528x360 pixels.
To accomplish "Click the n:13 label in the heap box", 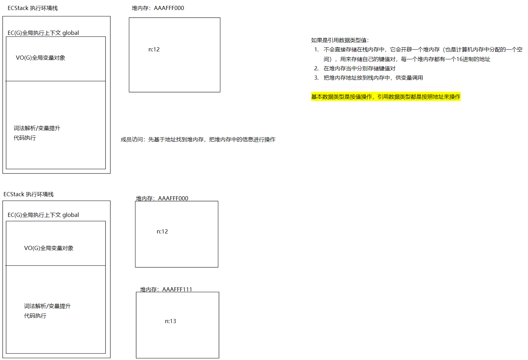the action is [x=170, y=321].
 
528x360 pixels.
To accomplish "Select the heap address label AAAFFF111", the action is [x=177, y=289].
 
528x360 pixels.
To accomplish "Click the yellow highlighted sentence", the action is [x=385, y=97].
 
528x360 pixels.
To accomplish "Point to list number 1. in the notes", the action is [x=316, y=50].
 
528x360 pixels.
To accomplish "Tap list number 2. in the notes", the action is [x=316, y=69].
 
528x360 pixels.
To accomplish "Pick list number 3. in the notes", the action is [x=316, y=78].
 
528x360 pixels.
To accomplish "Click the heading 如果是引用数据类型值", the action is [x=340, y=40].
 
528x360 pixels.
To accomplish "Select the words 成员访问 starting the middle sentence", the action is [x=131, y=140].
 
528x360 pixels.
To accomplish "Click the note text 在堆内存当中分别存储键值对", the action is [x=359, y=69].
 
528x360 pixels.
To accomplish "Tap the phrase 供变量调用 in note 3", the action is [x=409, y=78].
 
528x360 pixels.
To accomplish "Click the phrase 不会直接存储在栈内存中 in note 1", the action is [x=354, y=50].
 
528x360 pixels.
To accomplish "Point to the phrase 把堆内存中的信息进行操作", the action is [x=242, y=140].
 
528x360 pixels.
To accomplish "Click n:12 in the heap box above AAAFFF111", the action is [x=162, y=231].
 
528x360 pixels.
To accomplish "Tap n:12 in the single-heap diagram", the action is [x=154, y=49].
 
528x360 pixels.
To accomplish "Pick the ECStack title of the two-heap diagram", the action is [x=29, y=194].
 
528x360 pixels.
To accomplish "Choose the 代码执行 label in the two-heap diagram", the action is [x=35, y=316].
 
